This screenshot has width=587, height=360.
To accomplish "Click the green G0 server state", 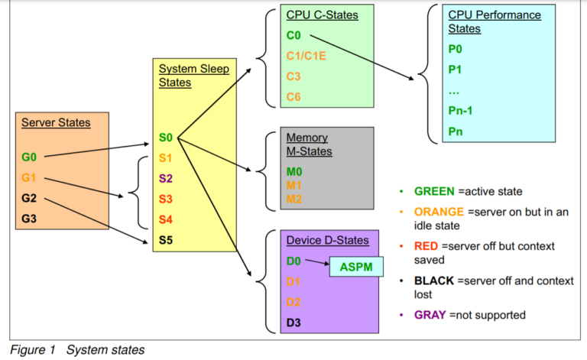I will pyautogui.click(x=29, y=158).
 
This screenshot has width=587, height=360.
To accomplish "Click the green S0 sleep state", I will pyautogui.click(x=166, y=138).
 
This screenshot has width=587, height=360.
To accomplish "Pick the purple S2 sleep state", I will pyautogui.click(x=166, y=179).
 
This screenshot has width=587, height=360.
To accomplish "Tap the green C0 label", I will pyautogui.click(x=294, y=35).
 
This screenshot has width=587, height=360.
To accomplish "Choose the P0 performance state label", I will pyautogui.click(x=456, y=47).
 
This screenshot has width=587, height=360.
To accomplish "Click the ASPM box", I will pyautogui.click(x=355, y=268).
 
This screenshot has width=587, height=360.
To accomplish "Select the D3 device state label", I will pyautogui.click(x=294, y=322).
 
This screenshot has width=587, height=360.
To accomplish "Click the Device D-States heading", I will pyautogui.click(x=327, y=240).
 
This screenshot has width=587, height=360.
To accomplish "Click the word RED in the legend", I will pyautogui.click(x=427, y=246).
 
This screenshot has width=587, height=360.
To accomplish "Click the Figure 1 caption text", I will pyautogui.click(x=76, y=350).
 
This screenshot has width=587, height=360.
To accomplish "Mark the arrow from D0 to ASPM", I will pyautogui.click(x=316, y=264).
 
